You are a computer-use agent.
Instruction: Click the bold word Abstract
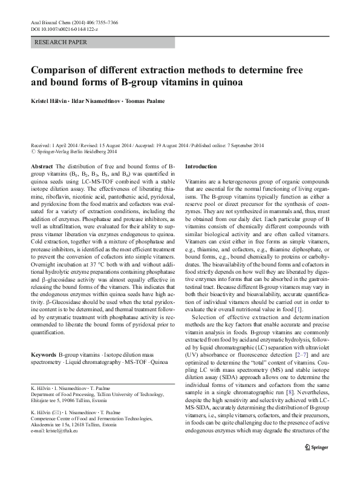coord(41,165)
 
